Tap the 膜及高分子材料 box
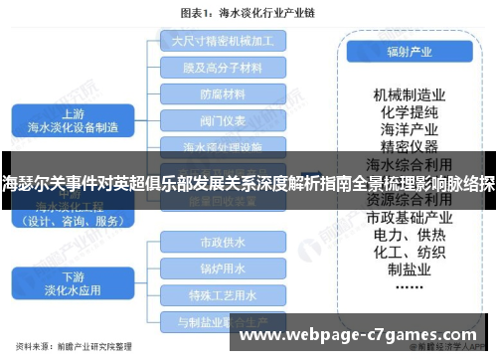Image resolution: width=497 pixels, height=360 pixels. (x=223, y=69)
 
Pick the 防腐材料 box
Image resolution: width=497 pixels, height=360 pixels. (x=223, y=95)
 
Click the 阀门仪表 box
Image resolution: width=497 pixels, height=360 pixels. (x=223, y=122)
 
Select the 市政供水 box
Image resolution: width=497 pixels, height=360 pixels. (x=223, y=242)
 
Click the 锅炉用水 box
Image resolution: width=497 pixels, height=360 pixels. (x=223, y=269)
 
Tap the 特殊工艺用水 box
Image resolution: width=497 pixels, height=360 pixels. (x=223, y=294)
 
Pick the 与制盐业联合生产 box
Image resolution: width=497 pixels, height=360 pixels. (x=223, y=321)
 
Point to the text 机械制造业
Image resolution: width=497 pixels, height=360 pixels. (x=408, y=94)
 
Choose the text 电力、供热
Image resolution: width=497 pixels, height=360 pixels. (x=408, y=235)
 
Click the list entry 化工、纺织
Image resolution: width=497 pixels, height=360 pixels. (x=408, y=252)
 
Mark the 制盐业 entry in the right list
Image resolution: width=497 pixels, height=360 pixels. (x=408, y=270)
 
